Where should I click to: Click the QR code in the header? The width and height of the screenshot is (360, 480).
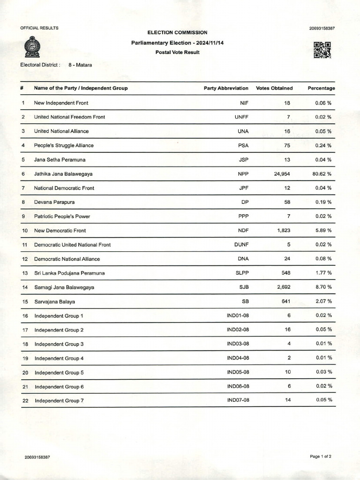pyautogui.click(x=322, y=50)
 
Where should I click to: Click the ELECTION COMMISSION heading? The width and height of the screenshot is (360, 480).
pyautogui.click(x=177, y=32)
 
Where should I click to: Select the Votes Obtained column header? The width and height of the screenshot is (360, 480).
pyautogui.click(x=274, y=88)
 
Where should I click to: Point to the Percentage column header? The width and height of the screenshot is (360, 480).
pyautogui.click(x=321, y=88)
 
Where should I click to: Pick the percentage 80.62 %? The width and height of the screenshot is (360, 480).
pyautogui.click(x=322, y=174)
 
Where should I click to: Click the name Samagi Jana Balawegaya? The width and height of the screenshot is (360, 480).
pyautogui.click(x=64, y=287)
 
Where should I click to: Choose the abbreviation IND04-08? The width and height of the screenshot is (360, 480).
pyautogui.click(x=238, y=358)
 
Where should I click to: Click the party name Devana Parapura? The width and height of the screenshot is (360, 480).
pyautogui.click(x=54, y=202)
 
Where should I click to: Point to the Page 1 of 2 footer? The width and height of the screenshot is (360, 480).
pyautogui.click(x=321, y=456)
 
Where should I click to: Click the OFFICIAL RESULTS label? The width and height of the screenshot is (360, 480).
pyautogui.click(x=39, y=28)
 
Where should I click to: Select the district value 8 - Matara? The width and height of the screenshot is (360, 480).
pyautogui.click(x=80, y=65)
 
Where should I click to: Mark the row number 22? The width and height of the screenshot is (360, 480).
pyautogui.click(x=25, y=401)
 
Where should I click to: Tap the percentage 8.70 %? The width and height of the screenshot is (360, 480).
pyautogui.click(x=323, y=287)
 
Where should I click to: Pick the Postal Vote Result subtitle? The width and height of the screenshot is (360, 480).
pyautogui.click(x=177, y=52)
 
